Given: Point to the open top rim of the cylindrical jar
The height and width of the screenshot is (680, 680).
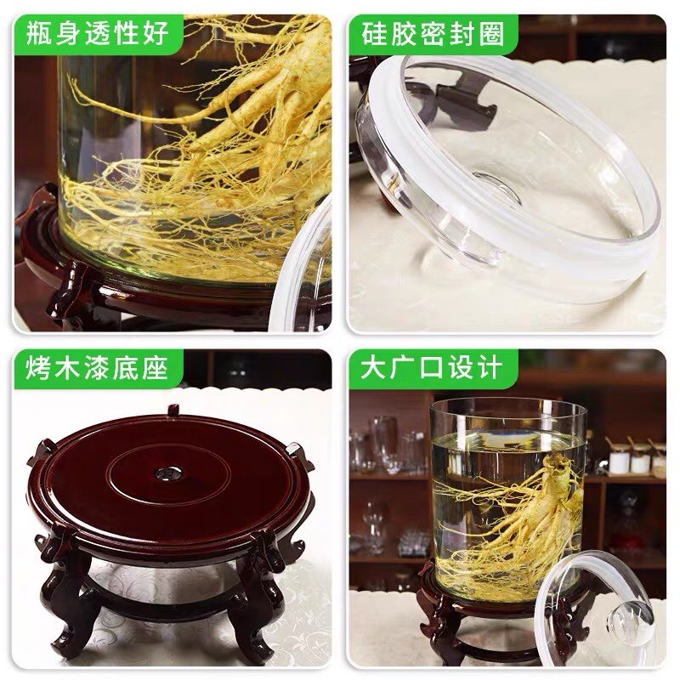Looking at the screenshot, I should (508, 406).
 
